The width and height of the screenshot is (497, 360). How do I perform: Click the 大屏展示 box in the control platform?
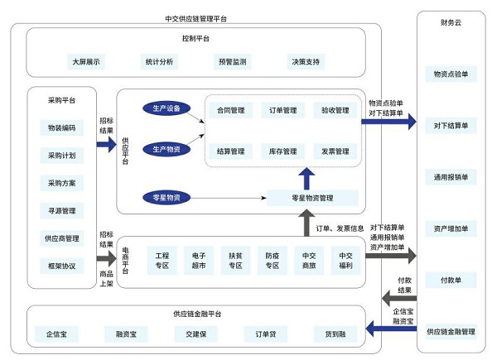85,61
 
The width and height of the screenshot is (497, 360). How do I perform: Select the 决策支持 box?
306,61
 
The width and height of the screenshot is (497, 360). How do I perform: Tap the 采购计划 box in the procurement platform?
61,156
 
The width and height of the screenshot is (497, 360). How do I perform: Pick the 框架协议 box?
61,266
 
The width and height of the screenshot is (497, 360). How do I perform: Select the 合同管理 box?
230,108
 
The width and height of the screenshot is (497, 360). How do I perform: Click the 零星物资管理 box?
312,197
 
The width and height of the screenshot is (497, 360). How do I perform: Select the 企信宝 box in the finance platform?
58,334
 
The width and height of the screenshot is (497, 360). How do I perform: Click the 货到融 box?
335,334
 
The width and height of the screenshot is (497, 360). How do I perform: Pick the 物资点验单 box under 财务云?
450,74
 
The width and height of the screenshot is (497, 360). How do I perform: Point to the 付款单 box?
450,280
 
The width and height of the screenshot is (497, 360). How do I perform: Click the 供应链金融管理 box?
450,331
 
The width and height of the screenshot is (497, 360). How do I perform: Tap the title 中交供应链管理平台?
196,17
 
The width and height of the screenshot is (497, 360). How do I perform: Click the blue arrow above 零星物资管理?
307,176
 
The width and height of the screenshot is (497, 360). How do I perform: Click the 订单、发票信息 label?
340,228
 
